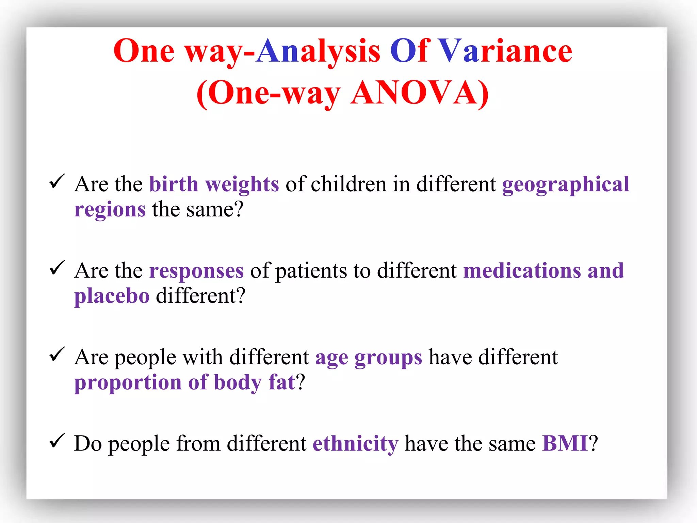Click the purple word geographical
(565, 185)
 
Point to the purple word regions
(110, 209)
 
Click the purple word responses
(196, 271)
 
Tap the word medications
(522, 271)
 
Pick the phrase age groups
(368, 358)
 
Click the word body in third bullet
(238, 382)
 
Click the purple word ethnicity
(355, 444)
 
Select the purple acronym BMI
(565, 444)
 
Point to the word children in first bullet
(348, 184)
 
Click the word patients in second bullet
(311, 271)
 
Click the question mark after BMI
(593, 444)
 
